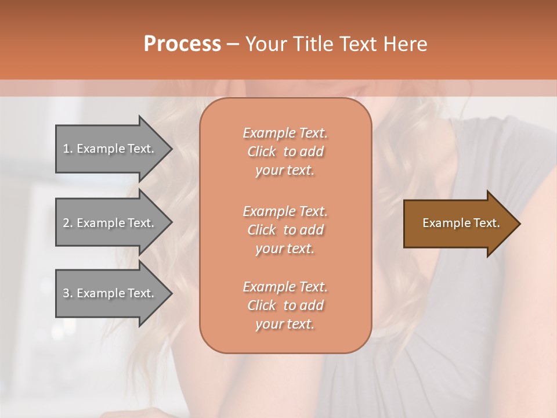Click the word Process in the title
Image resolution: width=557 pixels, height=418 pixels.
[x=182, y=44]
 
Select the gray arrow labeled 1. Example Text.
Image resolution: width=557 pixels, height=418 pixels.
[x=110, y=149]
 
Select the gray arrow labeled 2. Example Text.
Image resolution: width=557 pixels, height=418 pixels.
[x=110, y=223]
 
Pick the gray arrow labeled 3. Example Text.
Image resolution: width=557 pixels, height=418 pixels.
[x=110, y=293]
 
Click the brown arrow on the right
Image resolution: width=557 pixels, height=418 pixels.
[x=458, y=224]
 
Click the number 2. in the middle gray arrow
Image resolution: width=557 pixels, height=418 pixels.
[x=67, y=223]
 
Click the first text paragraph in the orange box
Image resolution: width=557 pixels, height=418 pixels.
[x=285, y=152]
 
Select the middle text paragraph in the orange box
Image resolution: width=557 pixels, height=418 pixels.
[x=285, y=230]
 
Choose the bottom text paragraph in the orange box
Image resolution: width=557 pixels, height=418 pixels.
[x=285, y=305]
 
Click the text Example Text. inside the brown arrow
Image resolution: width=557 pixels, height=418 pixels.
[x=461, y=223]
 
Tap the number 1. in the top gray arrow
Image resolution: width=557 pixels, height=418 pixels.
[x=67, y=149]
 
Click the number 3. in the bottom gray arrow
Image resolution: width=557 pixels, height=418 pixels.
[x=67, y=293]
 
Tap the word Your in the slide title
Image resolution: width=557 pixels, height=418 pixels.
[x=265, y=44]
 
